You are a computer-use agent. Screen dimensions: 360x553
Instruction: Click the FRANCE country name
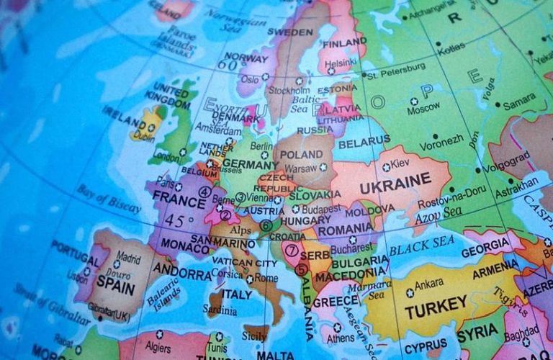pyautogui.click(x=174, y=198)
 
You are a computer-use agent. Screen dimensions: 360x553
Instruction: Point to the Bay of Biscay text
pyautogui.click(x=109, y=199)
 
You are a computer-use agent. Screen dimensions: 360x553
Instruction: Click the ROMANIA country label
pyautogui.click(x=346, y=229)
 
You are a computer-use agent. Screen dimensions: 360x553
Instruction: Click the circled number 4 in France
pyautogui.click(x=205, y=192)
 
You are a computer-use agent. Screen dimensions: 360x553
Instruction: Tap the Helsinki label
pyautogui.click(x=341, y=63)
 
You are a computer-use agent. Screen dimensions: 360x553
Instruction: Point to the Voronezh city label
pyautogui.click(x=442, y=143)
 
